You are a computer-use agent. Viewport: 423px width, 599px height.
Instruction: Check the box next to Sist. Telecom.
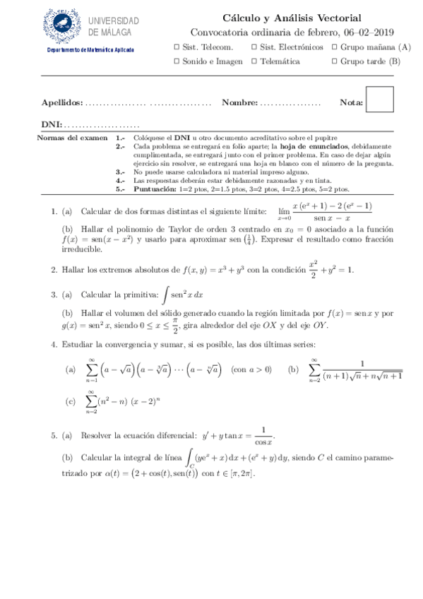(x=176, y=47)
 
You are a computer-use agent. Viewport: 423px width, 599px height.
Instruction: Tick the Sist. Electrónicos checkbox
(x=254, y=47)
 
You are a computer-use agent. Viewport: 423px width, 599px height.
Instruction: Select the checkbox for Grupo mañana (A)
(x=333, y=47)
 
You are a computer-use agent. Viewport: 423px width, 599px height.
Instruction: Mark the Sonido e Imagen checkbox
(x=176, y=61)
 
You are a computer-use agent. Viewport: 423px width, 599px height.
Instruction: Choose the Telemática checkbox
(x=254, y=61)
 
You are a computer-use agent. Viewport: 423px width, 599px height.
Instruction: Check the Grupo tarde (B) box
(x=333, y=61)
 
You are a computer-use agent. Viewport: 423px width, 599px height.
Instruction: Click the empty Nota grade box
(x=380, y=100)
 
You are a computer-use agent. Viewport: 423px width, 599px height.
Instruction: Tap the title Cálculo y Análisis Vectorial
(x=292, y=18)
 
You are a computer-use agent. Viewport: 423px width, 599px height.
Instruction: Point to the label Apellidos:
(x=62, y=103)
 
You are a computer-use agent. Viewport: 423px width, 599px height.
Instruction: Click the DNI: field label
(x=52, y=123)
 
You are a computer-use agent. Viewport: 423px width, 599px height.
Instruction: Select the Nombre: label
(x=239, y=103)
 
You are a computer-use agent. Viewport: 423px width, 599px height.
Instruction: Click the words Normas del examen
(x=71, y=138)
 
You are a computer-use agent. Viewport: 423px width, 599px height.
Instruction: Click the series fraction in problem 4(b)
(x=362, y=369)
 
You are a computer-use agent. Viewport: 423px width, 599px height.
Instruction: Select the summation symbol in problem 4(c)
(x=91, y=401)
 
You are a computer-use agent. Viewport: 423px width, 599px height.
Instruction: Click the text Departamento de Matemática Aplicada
(x=90, y=50)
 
